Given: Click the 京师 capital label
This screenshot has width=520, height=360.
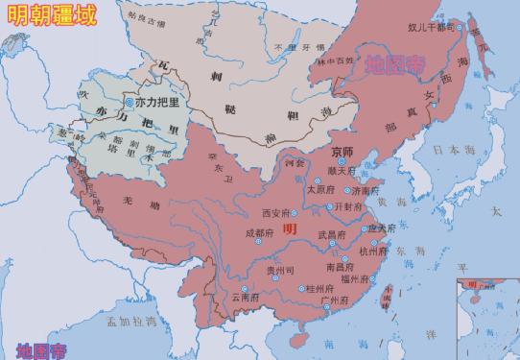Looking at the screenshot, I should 343,151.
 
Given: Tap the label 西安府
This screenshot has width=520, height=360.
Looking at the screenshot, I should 275,212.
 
